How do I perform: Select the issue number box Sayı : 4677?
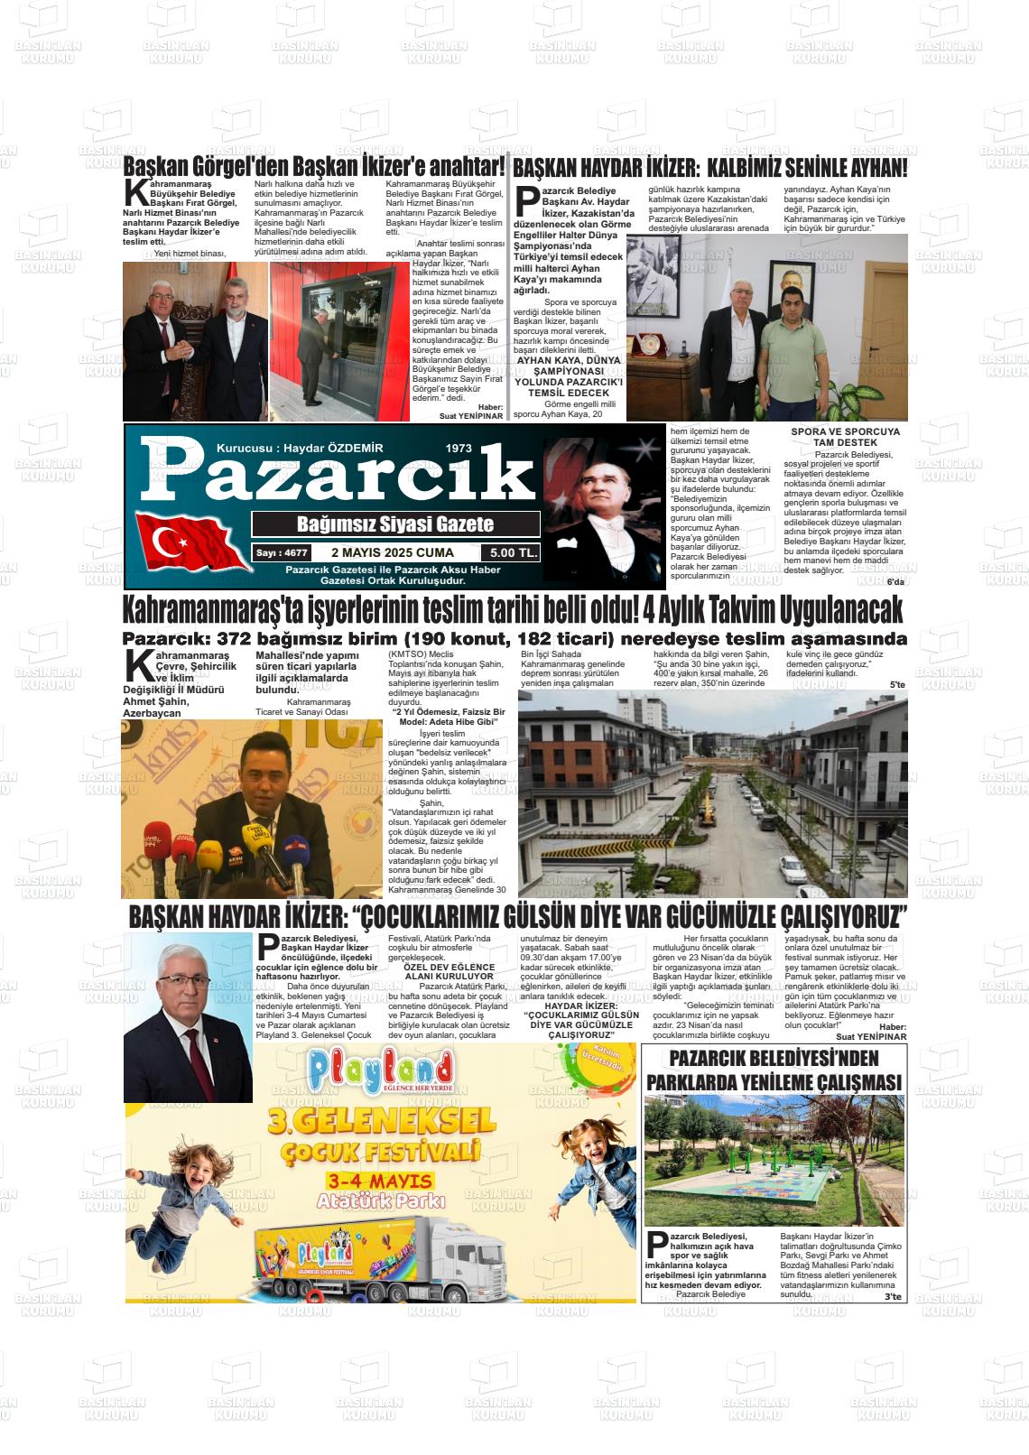pyautogui.click(x=281, y=552)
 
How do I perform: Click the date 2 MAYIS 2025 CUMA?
pyautogui.click(x=393, y=552)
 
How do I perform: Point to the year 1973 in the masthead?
pyautogui.click(x=459, y=449)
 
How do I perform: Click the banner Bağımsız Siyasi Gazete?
pyautogui.click(x=395, y=524)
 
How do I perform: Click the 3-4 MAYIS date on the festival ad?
pyautogui.click(x=380, y=1182)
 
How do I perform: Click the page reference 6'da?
pyautogui.click(x=895, y=581)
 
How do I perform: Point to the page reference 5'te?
pyautogui.click(x=897, y=684)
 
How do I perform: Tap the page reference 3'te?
pyautogui.click(x=893, y=1297)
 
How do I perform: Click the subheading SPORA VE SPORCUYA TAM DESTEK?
pyautogui.click(x=845, y=437)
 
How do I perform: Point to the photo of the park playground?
pyautogui.click(x=774, y=1161)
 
